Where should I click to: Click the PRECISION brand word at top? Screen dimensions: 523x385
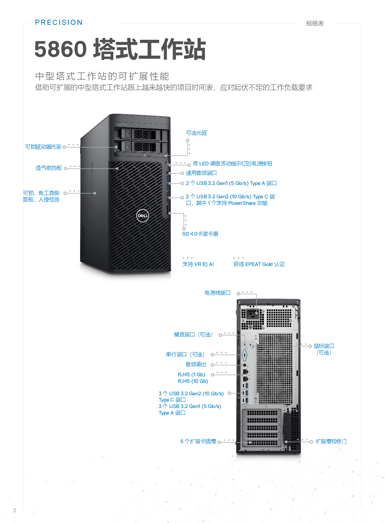[x=59, y=22]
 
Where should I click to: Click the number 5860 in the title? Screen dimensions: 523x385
[x=61, y=49]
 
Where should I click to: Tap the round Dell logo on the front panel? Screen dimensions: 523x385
[x=143, y=216]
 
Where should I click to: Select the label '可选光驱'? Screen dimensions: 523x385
[x=196, y=133]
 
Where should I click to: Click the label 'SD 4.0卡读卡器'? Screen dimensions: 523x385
[x=200, y=234]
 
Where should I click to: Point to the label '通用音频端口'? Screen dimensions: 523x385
[x=201, y=173]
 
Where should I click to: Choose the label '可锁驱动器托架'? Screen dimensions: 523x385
[x=43, y=147]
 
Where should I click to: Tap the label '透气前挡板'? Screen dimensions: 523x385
[x=49, y=168]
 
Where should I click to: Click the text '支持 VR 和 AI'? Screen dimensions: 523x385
[x=198, y=264]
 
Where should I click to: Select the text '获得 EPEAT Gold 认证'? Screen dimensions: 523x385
[x=259, y=264]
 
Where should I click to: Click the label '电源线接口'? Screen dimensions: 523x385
[x=217, y=293]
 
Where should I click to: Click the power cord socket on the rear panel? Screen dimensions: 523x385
[x=253, y=314]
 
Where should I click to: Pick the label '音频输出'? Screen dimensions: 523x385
[x=196, y=364]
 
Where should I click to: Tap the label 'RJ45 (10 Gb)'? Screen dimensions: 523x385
[x=193, y=381]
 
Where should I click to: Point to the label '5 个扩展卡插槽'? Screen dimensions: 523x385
[x=198, y=441]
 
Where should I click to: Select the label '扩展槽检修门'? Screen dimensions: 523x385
[x=331, y=441]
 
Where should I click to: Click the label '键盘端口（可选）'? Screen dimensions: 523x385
[x=193, y=335]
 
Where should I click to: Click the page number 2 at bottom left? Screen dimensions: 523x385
[x=15, y=510]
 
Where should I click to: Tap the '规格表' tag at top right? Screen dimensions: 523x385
[x=315, y=24]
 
